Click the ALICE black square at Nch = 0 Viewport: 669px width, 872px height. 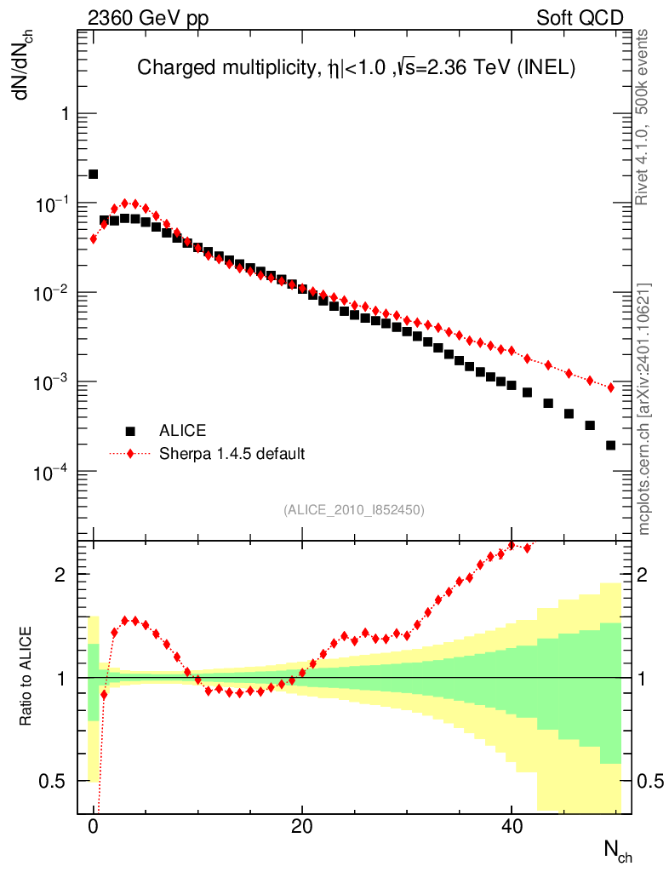coord(94,175)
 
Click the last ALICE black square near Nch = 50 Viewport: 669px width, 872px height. coord(610,445)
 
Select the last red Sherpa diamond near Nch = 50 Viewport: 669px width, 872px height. coord(610,387)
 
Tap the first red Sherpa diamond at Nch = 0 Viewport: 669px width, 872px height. coord(94,238)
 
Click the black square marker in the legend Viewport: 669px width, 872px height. coord(130,430)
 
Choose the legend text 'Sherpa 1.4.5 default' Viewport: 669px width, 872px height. coord(232,453)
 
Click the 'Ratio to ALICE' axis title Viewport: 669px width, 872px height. coord(26,677)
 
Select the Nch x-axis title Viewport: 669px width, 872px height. coord(618,850)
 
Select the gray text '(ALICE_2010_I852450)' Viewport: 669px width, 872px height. coord(354,510)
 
